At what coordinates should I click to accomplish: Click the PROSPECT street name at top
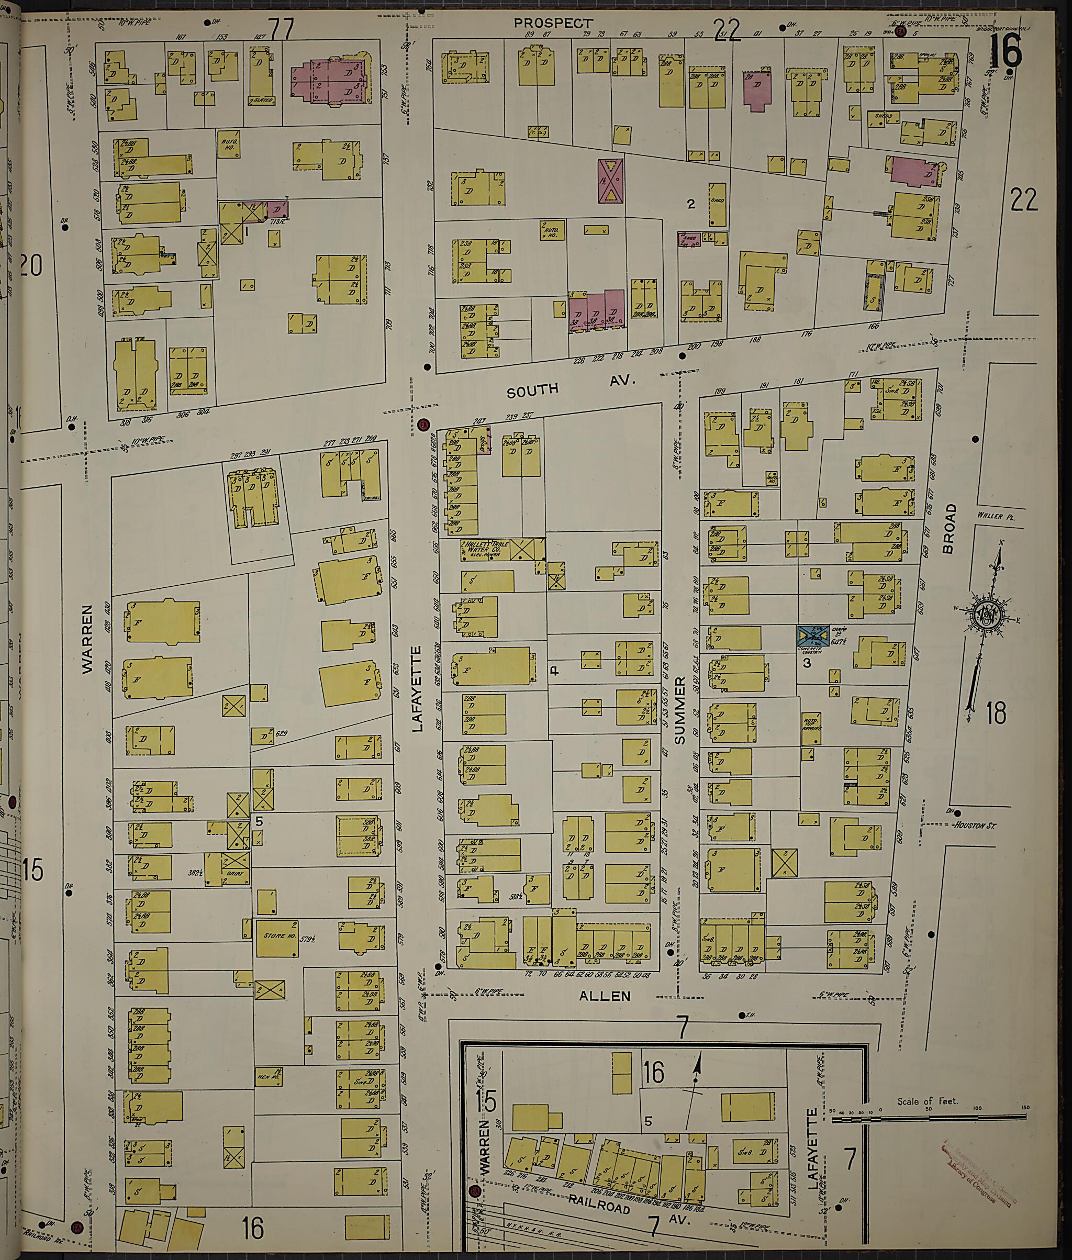[x=552, y=23]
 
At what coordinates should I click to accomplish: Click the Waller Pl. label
[x=992, y=516]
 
